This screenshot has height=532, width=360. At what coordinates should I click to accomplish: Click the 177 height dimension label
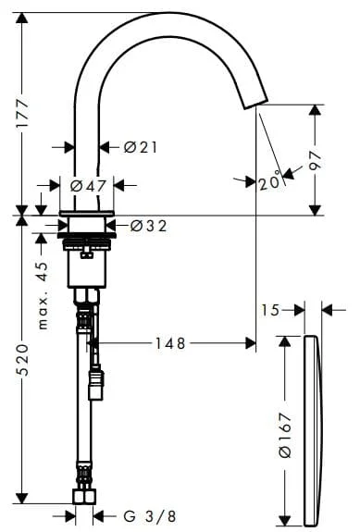pyautogui.click(x=22, y=113)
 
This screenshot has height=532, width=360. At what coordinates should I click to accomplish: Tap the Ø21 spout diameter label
pyautogui.click(x=141, y=147)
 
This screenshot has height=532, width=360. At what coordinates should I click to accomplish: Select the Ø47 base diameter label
pyautogui.click(x=88, y=186)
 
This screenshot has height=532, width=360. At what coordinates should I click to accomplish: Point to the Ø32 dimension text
pyautogui.click(x=149, y=226)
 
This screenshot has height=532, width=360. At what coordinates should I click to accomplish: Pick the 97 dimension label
pyautogui.click(x=316, y=160)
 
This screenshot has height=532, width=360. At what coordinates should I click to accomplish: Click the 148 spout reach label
pyautogui.click(x=170, y=343)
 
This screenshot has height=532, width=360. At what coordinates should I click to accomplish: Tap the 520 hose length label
pyautogui.click(x=22, y=360)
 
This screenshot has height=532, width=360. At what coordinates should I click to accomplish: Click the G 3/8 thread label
pyautogui.click(x=150, y=516)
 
